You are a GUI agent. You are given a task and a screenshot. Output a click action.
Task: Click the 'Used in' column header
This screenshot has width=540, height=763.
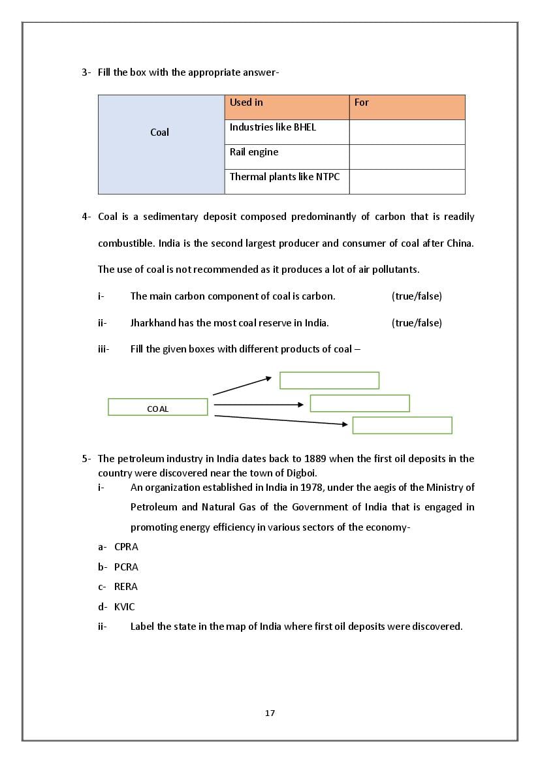287,107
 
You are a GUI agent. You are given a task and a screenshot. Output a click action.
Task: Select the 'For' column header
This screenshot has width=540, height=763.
407,107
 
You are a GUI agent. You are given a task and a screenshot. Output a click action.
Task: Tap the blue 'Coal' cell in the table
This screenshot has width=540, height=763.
161,144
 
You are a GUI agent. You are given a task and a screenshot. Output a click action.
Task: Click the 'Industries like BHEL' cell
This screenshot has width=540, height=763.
287,132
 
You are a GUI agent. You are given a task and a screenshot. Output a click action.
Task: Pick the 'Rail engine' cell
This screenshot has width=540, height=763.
287,157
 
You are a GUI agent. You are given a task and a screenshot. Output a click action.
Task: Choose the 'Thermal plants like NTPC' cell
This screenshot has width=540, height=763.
287,181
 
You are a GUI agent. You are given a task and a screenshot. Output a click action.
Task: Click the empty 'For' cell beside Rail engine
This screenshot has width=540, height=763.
407,157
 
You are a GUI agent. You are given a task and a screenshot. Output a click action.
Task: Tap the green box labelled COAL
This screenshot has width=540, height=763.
157,407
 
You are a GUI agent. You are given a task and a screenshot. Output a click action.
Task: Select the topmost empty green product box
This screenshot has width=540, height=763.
329,381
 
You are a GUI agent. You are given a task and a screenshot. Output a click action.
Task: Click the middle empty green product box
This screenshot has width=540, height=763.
360,403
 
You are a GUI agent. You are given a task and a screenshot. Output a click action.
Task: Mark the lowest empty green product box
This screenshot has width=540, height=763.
402,426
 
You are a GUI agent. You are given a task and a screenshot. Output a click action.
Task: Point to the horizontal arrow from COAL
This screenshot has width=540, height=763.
259,405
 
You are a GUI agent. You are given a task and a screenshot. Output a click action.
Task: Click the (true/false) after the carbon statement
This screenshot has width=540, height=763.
417,296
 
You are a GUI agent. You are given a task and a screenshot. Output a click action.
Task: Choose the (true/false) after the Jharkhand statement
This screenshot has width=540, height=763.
417,323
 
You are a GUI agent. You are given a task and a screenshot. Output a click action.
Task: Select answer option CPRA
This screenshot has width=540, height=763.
126,547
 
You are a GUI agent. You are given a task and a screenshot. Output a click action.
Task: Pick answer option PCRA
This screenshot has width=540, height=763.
126,567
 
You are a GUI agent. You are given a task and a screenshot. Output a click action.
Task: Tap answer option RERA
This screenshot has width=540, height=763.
126,587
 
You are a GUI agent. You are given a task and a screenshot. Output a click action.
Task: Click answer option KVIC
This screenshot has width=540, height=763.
125,607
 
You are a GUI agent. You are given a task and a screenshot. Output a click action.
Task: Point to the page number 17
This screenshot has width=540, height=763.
270,713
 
